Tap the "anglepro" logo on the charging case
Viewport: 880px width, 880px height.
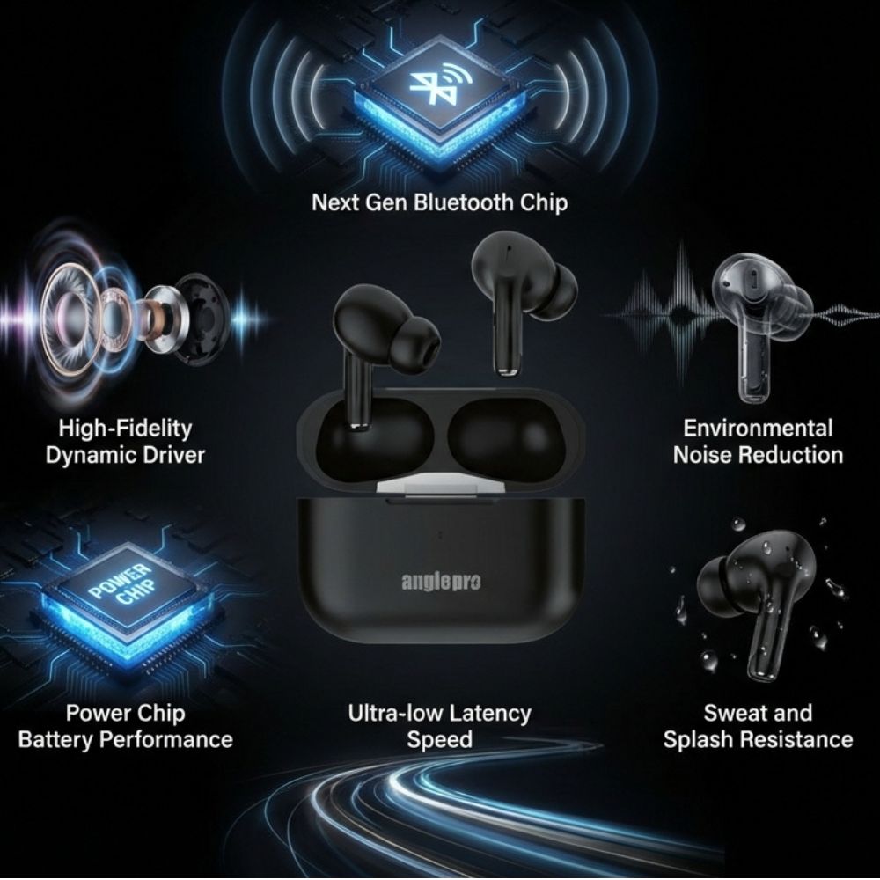point(441,582)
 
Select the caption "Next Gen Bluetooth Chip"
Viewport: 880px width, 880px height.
point(439,202)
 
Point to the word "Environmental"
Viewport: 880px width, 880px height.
point(758,428)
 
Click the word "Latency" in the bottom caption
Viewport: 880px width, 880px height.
point(490,714)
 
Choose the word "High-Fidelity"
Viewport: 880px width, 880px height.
point(125,429)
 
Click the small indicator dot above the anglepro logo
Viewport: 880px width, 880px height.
point(440,535)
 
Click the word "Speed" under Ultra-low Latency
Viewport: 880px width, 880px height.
point(439,740)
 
